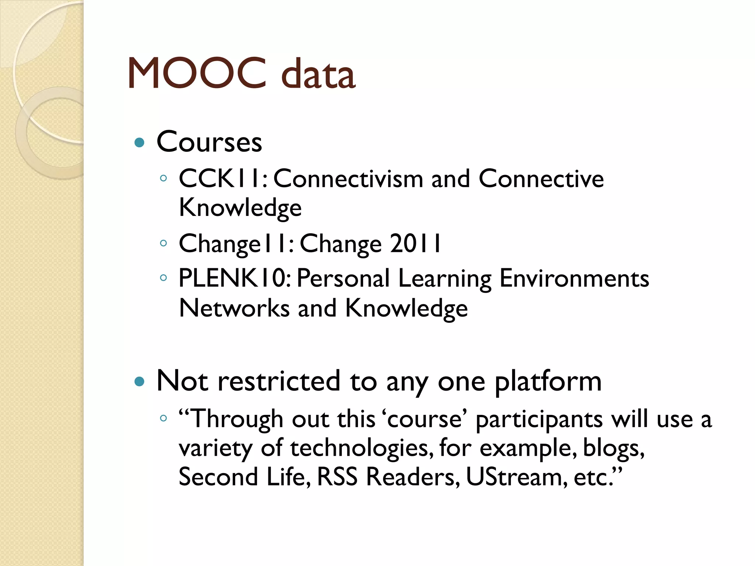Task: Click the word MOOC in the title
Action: [x=196, y=73]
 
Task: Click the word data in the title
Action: [x=318, y=74]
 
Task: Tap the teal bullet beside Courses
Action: [x=139, y=142]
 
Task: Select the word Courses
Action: [x=209, y=142]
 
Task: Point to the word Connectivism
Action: [x=348, y=179]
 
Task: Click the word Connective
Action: [x=541, y=179]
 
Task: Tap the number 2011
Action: [x=415, y=244]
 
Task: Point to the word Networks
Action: [x=234, y=308]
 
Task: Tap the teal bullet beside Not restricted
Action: [x=139, y=381]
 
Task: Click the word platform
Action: [x=548, y=382]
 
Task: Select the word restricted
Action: [x=279, y=381]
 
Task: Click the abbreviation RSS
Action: [x=337, y=477]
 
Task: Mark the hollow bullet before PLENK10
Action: [x=163, y=278]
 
